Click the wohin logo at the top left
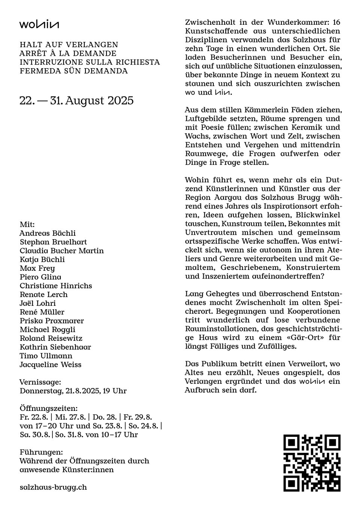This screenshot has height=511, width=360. [x=39, y=25]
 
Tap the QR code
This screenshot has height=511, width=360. [x=312, y=463]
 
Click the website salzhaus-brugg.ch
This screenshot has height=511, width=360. [x=53, y=487]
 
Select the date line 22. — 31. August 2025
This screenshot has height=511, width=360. [x=76, y=101]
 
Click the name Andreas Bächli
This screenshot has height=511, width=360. [x=48, y=233]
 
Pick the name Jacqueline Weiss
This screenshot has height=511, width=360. [x=50, y=364]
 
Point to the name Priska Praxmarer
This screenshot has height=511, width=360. [x=52, y=321]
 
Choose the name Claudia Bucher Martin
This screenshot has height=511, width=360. [x=61, y=251]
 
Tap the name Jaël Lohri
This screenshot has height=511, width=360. [x=37, y=303]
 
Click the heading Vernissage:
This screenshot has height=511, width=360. [x=40, y=382]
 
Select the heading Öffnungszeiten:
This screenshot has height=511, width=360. [x=48, y=408]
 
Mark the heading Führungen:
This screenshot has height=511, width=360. [x=41, y=452]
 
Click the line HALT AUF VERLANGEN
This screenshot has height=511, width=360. [x=69, y=45]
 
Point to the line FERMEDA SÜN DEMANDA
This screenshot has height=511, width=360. [x=73, y=71]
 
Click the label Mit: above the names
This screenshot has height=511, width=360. [x=27, y=225]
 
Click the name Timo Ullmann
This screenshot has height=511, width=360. [x=46, y=356]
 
